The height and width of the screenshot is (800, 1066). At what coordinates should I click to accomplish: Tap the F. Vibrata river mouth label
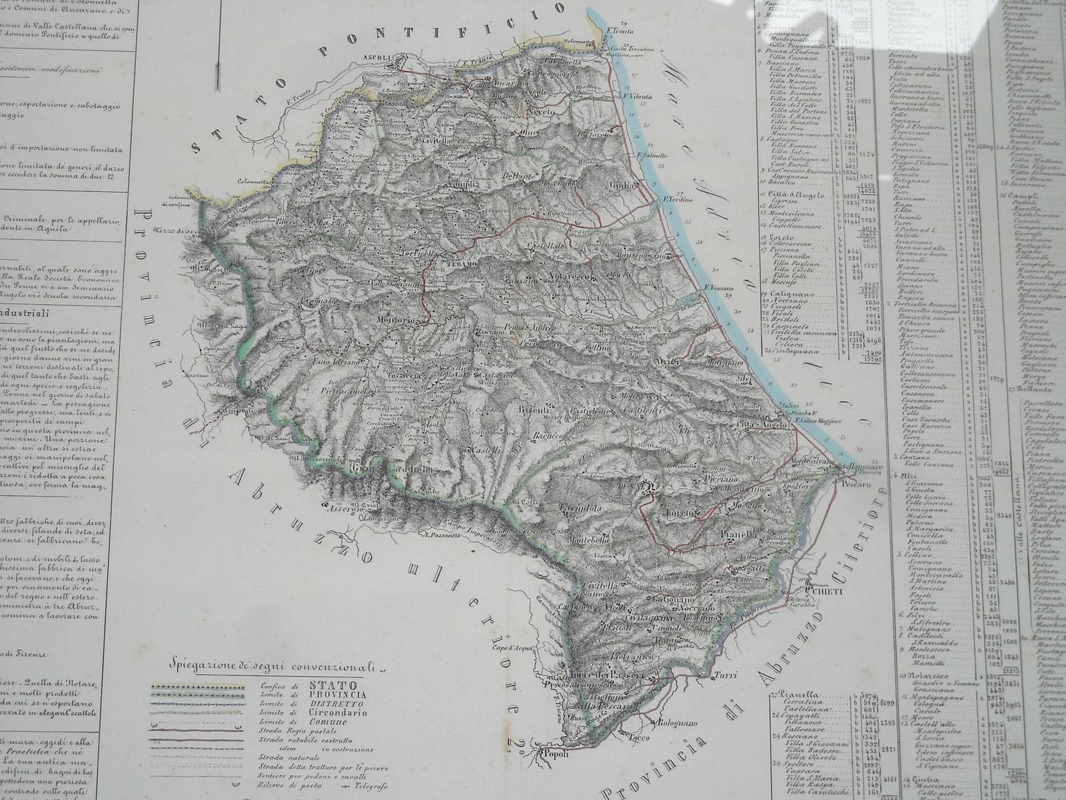click(x=637, y=96)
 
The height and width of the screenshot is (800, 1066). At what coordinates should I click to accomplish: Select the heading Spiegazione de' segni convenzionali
click(x=273, y=666)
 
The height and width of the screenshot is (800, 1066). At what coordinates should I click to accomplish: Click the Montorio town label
click(x=415, y=321)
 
